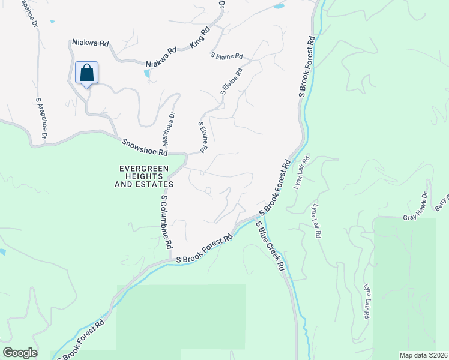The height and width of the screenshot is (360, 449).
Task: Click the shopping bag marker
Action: pos(87,73)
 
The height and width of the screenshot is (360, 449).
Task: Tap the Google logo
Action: pos(20,353)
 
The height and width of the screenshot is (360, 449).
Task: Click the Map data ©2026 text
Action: pos(423,355)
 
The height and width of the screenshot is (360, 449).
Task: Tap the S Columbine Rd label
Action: pos(166,222)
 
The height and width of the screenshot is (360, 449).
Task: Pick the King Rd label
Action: pos(200,37)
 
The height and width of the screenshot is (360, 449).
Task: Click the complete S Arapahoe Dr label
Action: pos(41,120)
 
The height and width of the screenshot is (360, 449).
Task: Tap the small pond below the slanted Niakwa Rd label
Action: pos(148,73)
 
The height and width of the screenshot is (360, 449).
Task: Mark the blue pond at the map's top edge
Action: pos(279,7)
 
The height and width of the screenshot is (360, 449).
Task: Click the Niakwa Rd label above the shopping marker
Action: pos(90,43)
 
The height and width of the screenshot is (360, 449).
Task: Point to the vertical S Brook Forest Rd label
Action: pos(307,67)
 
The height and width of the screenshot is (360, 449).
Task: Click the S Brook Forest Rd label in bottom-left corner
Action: pos(81,340)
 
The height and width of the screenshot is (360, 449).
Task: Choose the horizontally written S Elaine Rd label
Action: pos(226,56)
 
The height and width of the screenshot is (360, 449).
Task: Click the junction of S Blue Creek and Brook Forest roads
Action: pos(259,216)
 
